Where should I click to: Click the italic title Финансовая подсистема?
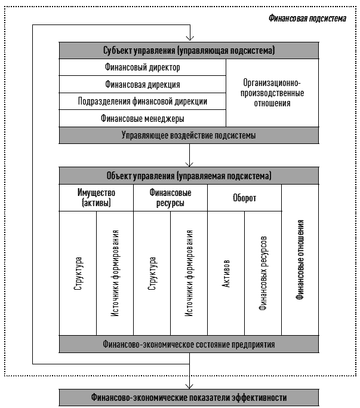pos(307,19)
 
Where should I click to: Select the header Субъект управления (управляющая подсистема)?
pos(189,50)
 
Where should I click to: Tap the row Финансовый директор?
pos(143,68)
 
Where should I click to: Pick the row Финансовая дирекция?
pos(143,84)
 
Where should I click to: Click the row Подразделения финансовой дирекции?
pos(143,101)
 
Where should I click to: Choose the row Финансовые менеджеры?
pos(143,118)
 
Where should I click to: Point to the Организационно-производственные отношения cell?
pos(272,93)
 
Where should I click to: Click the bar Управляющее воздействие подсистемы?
pos(189,136)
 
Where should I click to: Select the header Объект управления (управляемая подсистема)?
pos(189,176)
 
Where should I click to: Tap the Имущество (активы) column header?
pos(96,198)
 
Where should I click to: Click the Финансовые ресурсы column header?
pos(170,198)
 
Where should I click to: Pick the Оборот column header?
pos(245,198)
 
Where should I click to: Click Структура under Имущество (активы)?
pos(78,274)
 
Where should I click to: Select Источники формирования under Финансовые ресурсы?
pos(189,273)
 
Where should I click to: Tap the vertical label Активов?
pos(226,274)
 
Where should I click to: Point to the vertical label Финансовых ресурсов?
pos(263,273)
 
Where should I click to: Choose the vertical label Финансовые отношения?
pos(300,260)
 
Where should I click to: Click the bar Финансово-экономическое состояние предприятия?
pos(189,344)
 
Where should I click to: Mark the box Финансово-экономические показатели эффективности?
pos(189,398)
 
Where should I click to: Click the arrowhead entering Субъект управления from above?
pos(190,38)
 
